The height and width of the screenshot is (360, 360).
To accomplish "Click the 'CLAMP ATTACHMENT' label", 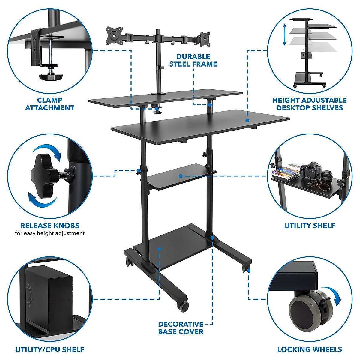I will point(50,104).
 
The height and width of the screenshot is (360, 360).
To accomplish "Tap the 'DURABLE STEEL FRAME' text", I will point(193,60).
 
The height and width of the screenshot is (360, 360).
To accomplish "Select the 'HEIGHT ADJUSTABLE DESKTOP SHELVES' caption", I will point(310,104).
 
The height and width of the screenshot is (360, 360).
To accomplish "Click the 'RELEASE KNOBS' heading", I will point(50,226).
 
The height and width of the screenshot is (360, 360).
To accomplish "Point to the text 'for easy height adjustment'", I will point(50,233).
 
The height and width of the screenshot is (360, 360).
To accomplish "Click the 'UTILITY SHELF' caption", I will point(310,226).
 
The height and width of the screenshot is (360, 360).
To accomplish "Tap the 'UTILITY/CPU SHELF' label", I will point(50,349).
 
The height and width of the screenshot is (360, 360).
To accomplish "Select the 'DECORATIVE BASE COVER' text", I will point(181,328).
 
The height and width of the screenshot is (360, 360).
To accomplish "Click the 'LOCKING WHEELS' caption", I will point(310,349).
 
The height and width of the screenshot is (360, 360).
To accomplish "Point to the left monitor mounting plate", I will point(114,34).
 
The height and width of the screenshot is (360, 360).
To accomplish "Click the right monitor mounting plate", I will point(205,39).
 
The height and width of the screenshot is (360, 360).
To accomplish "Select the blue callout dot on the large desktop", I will point(247,120).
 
